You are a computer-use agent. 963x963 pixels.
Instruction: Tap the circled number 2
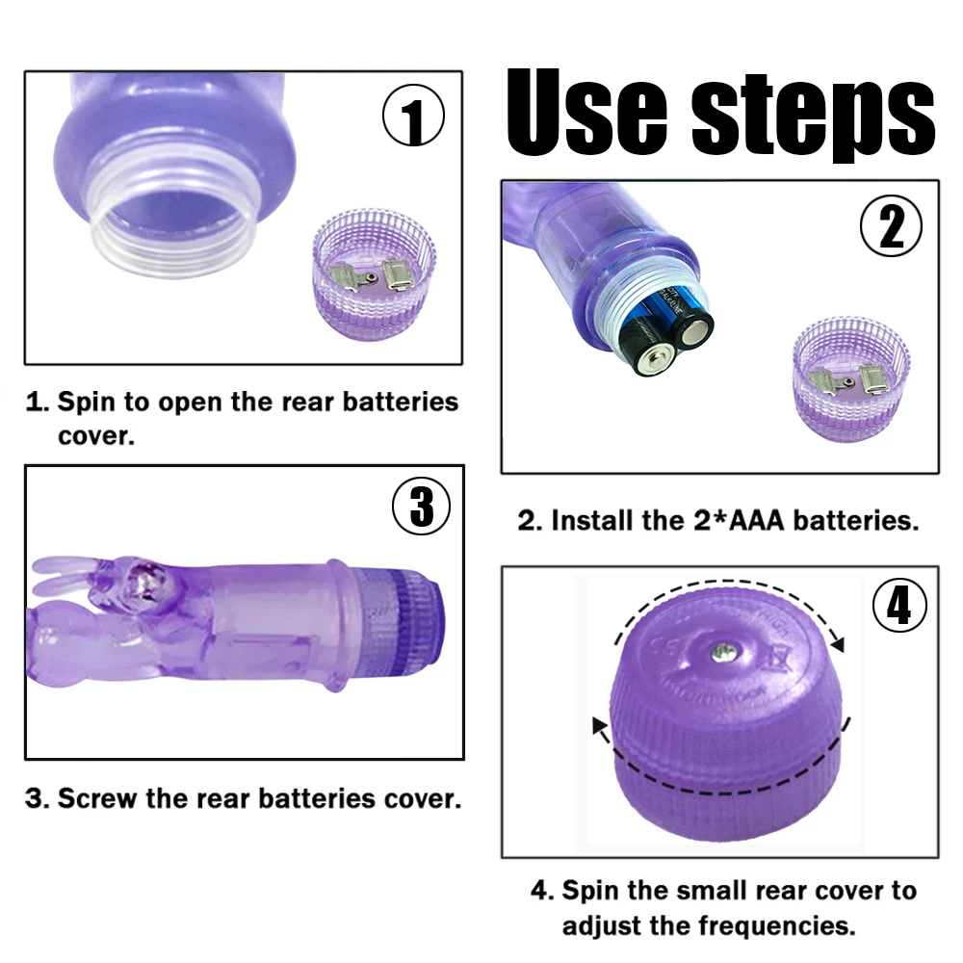tap(891, 228)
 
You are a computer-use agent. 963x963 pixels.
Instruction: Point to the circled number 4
tap(898, 608)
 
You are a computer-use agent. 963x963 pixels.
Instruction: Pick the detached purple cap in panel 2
tap(850, 377)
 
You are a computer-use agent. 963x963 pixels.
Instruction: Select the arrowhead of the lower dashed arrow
tap(598, 724)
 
